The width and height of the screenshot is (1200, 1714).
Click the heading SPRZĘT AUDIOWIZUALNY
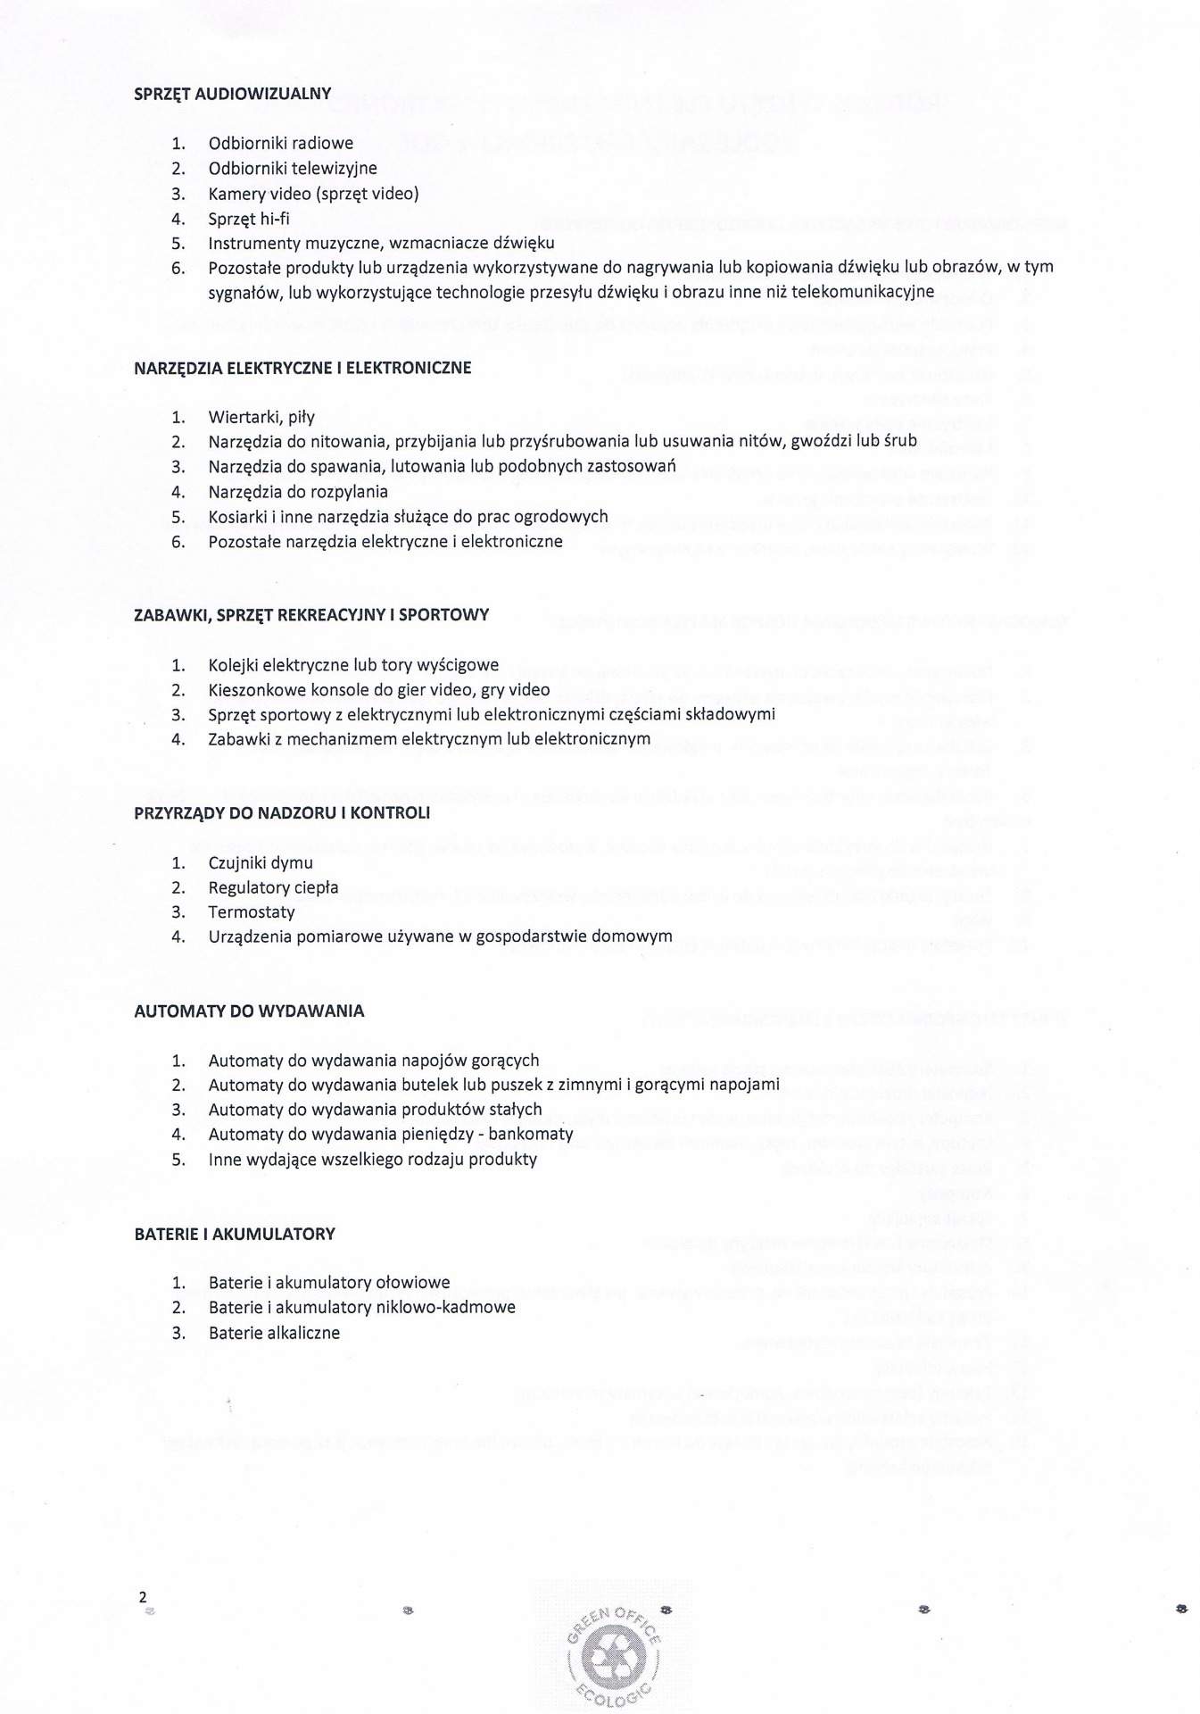[232, 94]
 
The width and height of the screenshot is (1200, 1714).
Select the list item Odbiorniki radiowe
[280, 144]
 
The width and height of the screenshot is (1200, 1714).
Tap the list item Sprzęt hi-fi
[249, 219]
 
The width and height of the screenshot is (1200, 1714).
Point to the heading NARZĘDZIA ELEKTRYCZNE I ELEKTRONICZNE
[302, 368]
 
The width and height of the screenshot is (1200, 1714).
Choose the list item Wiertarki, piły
[261, 417]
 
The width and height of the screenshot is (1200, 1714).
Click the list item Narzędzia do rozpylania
[298, 492]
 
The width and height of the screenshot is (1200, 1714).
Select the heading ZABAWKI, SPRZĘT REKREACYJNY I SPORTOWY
[311, 615]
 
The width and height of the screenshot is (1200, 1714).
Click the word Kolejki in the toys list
[234, 665]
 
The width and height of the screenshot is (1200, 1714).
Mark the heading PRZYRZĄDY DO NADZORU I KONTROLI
[282, 813]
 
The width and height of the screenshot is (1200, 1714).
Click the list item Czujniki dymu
[261, 863]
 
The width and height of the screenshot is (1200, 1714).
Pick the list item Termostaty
[252, 912]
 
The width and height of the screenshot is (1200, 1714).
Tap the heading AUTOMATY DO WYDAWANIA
[249, 1011]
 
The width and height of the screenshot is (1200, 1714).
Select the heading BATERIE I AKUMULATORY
[235, 1235]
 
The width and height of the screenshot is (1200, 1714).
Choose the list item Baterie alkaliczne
[274, 1334]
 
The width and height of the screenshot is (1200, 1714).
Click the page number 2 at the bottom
[142, 1598]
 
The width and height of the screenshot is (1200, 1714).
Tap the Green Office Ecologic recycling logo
[613, 1652]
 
